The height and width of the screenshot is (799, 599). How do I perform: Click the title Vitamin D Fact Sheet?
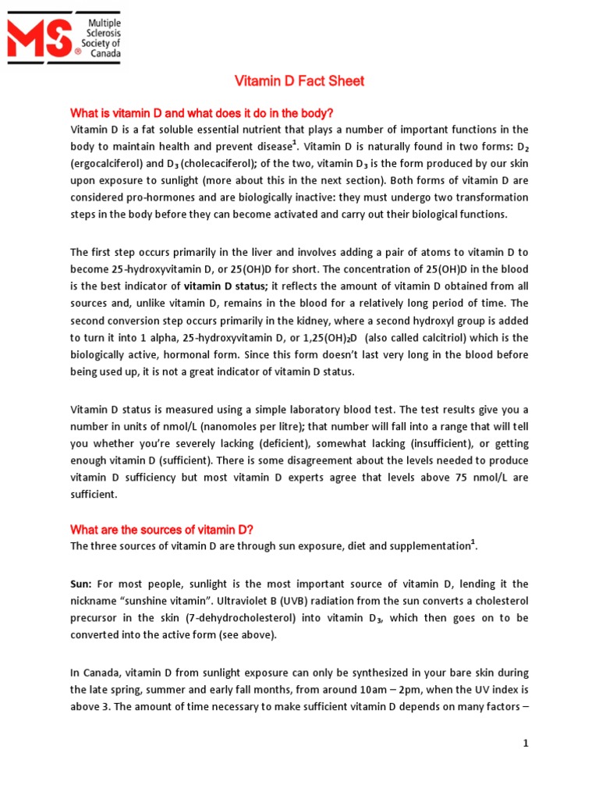pos(300,81)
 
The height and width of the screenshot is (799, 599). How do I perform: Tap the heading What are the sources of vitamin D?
pos(162,530)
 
